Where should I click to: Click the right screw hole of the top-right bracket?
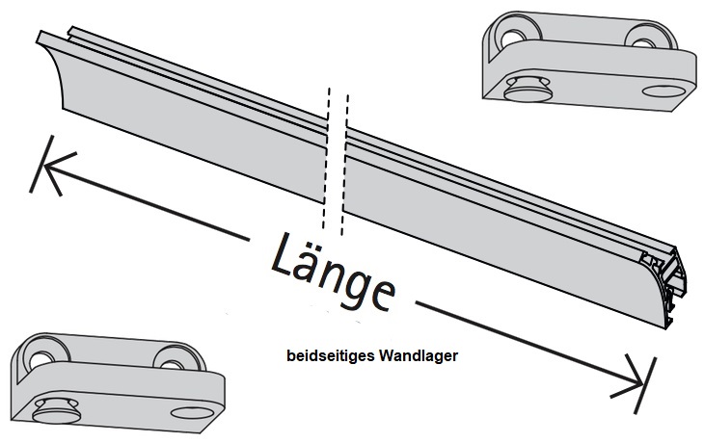click(x=640, y=35)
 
